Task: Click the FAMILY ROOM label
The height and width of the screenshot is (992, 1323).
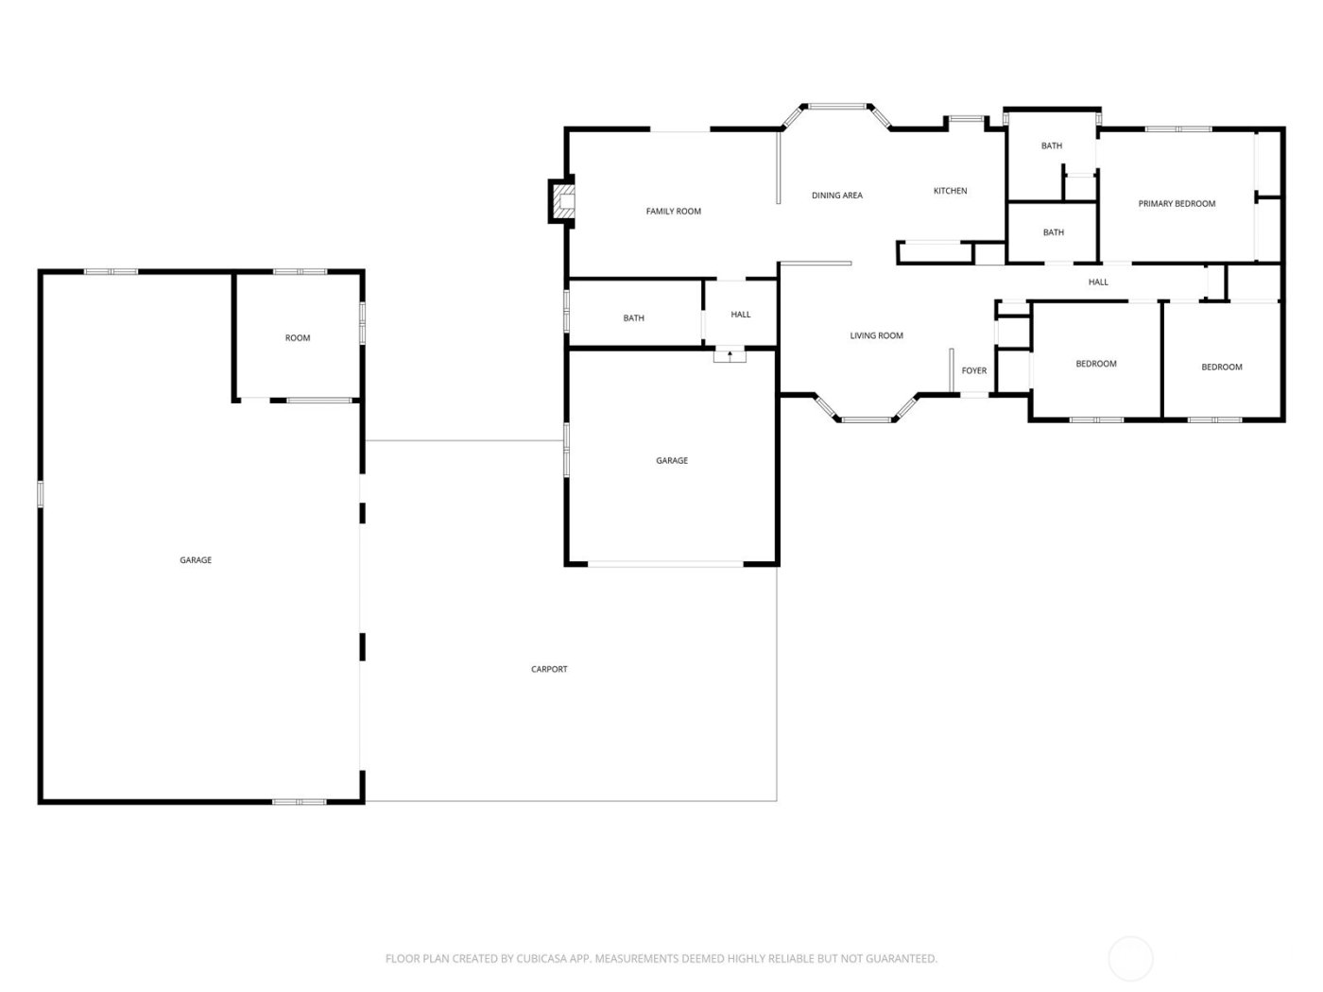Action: (673, 212)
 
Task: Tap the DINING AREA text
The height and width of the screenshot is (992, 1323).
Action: (836, 196)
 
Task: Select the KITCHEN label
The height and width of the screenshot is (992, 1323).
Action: (950, 191)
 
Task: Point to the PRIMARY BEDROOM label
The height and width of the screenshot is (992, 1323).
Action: (1176, 204)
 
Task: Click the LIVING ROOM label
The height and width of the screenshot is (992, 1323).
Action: (876, 335)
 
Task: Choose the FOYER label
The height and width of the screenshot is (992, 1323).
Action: (973, 370)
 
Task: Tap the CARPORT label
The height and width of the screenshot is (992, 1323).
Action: (549, 669)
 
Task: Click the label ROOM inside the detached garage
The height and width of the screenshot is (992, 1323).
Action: (298, 338)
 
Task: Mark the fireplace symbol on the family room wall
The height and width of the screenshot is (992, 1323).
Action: (562, 201)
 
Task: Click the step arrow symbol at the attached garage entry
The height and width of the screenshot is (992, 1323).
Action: (730, 355)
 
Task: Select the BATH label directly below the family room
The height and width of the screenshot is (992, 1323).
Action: (633, 318)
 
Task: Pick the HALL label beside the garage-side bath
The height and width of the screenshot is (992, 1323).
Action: (740, 315)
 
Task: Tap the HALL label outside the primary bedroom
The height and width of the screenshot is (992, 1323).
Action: (1097, 282)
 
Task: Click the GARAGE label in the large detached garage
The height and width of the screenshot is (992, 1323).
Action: (196, 560)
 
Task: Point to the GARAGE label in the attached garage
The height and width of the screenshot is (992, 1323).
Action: (672, 461)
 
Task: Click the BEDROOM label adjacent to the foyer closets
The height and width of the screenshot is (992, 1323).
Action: (1095, 364)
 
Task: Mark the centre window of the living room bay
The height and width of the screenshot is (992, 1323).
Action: (866, 419)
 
